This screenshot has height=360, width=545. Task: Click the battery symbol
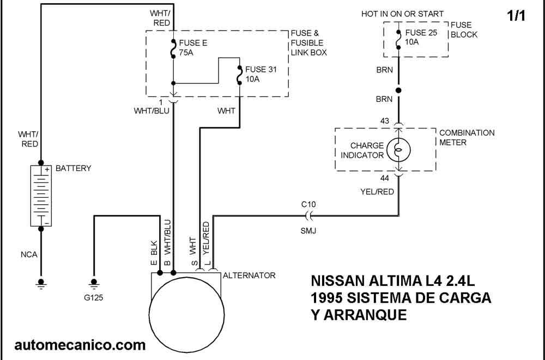tap(40, 196)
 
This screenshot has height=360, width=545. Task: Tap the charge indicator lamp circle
tap(398, 150)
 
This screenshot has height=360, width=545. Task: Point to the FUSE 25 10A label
tap(421, 38)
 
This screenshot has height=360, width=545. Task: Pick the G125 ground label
tap(94, 298)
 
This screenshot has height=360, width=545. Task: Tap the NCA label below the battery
tap(29, 254)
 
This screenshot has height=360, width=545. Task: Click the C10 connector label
tap(308, 204)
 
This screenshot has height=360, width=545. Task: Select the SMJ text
tap(308, 231)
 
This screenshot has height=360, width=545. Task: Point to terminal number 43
tap(385, 121)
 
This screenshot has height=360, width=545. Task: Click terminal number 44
tap(385, 178)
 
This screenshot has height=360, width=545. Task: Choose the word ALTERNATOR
tap(249, 276)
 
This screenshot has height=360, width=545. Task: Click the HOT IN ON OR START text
tap(402, 14)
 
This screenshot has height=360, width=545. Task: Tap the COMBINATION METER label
tap(467, 137)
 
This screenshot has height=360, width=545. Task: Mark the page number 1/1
tap(516, 16)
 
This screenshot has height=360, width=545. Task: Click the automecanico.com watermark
tap(80, 344)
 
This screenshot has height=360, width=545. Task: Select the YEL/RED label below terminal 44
tap(377, 192)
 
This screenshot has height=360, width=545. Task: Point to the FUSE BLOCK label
tap(464, 30)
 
